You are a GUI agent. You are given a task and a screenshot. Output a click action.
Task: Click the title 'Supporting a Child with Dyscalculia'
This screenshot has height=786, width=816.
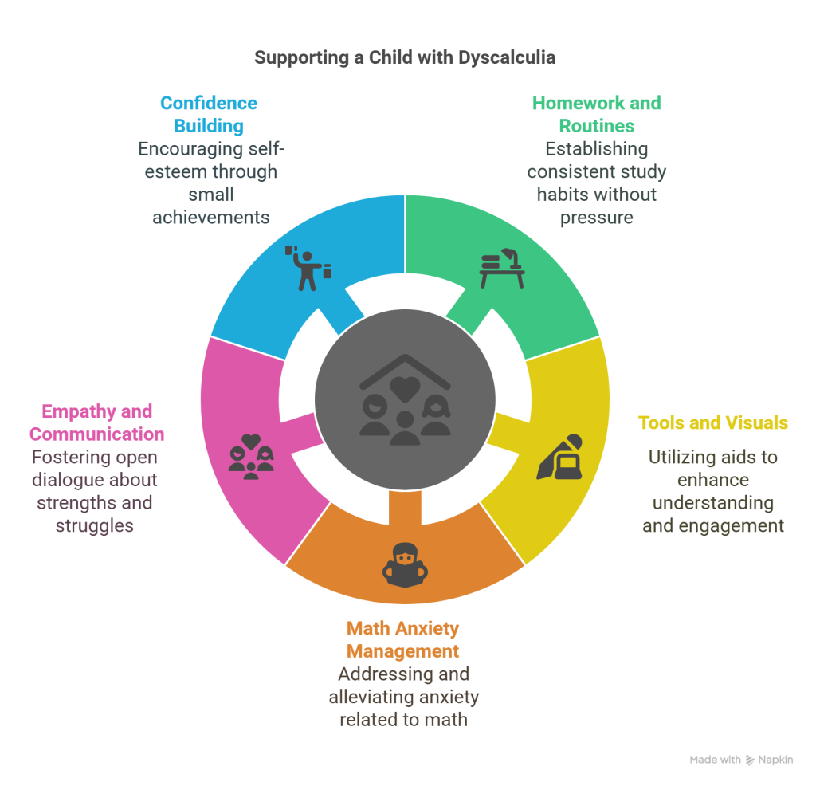pyautogui.click(x=405, y=57)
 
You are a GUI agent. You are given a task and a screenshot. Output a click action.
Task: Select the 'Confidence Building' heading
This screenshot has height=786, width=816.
pyautogui.click(x=209, y=114)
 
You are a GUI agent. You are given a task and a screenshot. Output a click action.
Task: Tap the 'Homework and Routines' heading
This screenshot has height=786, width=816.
pyautogui.click(x=596, y=114)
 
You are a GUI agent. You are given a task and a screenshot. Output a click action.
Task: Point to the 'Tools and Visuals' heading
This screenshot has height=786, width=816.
pyautogui.click(x=713, y=422)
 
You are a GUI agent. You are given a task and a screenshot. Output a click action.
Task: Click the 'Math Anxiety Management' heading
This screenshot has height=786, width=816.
pyautogui.click(x=403, y=639)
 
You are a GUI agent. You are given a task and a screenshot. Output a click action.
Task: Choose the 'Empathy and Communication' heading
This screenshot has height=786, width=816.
pyautogui.click(x=96, y=422)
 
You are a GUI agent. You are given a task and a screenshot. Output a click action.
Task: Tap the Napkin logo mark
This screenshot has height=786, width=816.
pyautogui.click(x=750, y=760)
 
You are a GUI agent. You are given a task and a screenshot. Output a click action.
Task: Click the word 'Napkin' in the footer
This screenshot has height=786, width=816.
pyautogui.click(x=775, y=760)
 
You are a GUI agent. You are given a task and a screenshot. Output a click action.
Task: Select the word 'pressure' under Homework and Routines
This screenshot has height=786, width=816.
pyautogui.click(x=597, y=217)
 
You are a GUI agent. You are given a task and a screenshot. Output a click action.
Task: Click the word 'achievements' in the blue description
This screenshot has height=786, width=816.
pyautogui.click(x=211, y=217)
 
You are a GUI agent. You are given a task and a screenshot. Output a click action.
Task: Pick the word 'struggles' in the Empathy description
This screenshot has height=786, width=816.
pyautogui.click(x=95, y=525)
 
